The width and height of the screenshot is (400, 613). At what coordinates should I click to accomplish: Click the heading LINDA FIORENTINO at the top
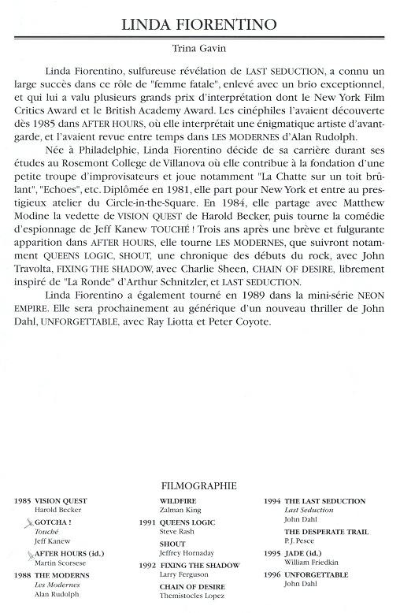coord(200,26)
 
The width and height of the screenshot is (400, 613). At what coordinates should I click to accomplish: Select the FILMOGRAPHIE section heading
coord(200,487)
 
